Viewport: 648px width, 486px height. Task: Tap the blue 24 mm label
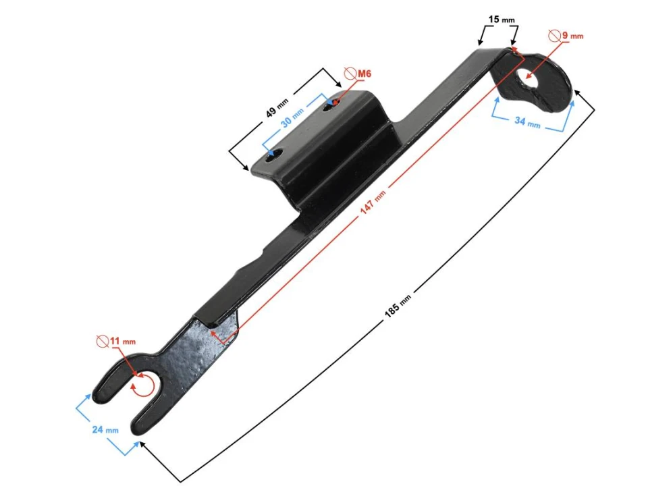pos(105,429)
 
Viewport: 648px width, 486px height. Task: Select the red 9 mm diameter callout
pos(572,35)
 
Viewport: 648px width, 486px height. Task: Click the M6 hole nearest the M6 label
pos(331,105)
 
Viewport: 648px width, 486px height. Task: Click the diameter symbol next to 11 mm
pos(103,341)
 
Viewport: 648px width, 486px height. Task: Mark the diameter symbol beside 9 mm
pos(553,35)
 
